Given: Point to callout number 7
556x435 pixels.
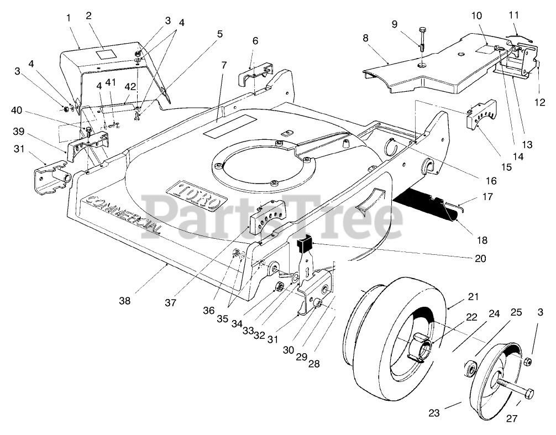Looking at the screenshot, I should click(x=223, y=65).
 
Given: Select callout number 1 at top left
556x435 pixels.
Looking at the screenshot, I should click(x=69, y=18).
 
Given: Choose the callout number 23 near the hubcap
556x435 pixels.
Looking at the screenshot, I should click(x=434, y=412).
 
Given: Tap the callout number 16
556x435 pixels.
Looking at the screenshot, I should click(x=491, y=181).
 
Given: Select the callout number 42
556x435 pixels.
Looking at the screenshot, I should click(x=130, y=87).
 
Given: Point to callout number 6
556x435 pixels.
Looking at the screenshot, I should click(x=255, y=41).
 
